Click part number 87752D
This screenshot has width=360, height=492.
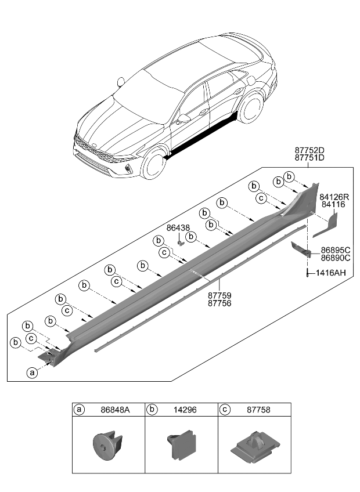pos(309,150)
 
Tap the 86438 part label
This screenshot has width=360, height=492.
pos(178,229)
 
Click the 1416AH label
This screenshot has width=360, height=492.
pos(331,272)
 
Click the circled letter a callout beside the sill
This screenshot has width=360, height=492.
pos(31,372)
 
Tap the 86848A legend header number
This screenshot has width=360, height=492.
pos(114,410)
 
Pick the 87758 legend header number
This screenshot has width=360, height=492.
pos(259,410)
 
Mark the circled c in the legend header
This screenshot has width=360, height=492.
pos(225,410)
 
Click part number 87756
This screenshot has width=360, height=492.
pos(219,303)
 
